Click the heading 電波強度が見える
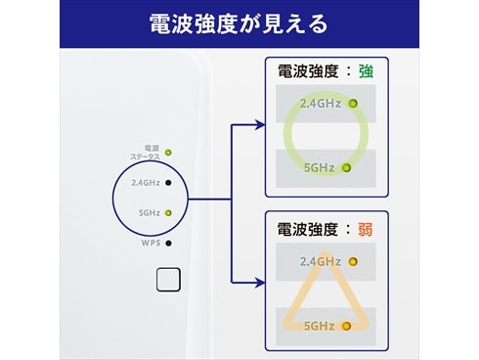pyautogui.click(x=239, y=22)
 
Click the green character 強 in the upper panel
pyautogui.click(x=366, y=71)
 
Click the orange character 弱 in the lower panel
pyautogui.click(x=366, y=230)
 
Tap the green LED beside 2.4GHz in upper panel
pyautogui.click(x=352, y=104)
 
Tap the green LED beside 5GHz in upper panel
pyautogui.click(x=345, y=167)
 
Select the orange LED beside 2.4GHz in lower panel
pyautogui.click(x=352, y=261)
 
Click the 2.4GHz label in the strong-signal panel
pyautogui.click(x=321, y=104)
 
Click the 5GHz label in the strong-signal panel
pyautogui.click(x=320, y=167)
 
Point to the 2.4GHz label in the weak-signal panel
pyautogui.click(x=321, y=261)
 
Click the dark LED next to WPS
pyautogui.click(x=169, y=243)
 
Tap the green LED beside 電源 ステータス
pyautogui.click(x=169, y=153)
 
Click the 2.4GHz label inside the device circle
pyautogui.click(x=145, y=182)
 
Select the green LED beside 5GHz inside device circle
pyautogui.click(x=169, y=212)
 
